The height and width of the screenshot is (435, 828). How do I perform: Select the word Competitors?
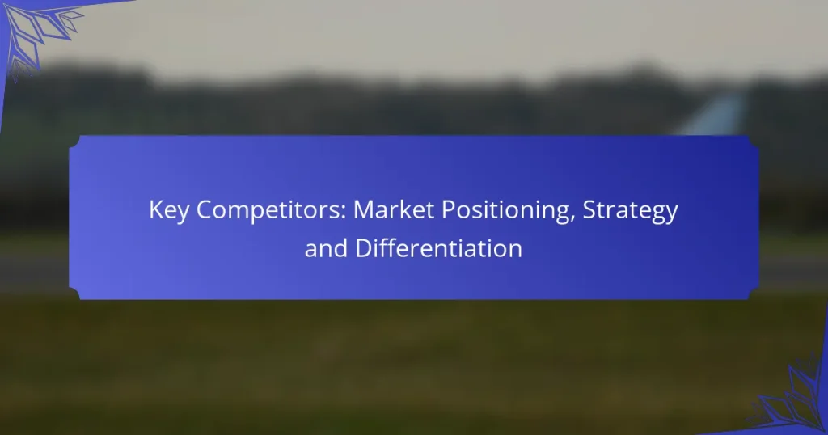[263, 212]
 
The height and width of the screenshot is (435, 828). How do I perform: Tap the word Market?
[391, 212]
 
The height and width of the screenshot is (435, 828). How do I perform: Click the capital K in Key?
[155, 212]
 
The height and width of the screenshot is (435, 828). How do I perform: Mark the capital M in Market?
[362, 212]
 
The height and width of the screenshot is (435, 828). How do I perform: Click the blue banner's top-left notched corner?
[74, 142]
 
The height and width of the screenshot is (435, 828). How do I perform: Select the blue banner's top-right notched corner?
[754, 142]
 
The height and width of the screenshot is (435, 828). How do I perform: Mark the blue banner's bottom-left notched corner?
[74, 294]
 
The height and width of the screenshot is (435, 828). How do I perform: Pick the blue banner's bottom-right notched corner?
[754, 294]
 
